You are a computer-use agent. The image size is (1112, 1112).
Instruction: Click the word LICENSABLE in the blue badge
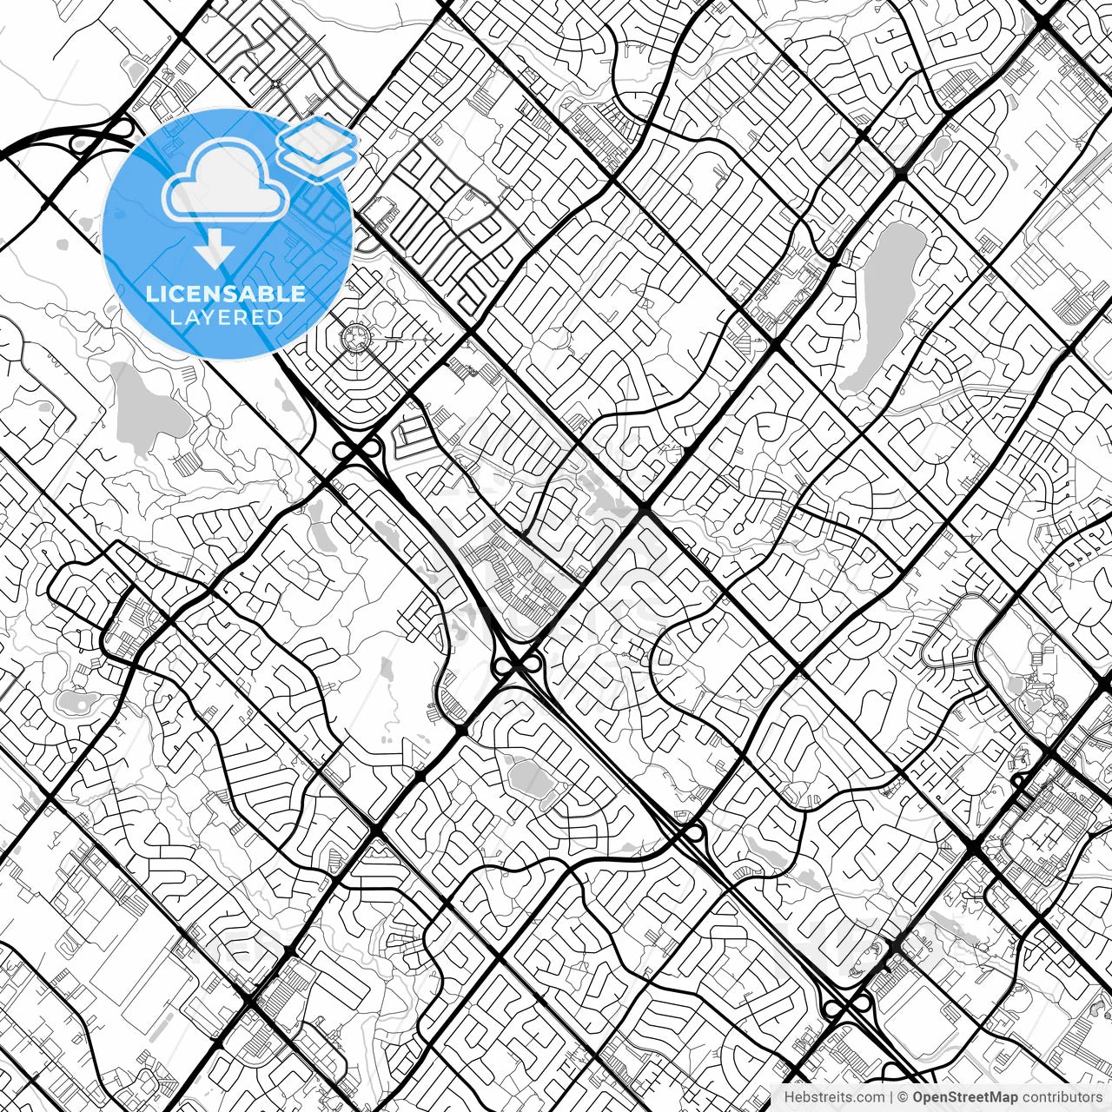(x=226, y=294)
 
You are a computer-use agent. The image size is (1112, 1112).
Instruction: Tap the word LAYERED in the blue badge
(x=226, y=318)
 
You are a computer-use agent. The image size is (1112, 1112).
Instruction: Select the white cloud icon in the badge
(x=226, y=181)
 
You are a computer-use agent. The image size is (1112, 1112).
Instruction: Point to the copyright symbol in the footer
(x=903, y=1097)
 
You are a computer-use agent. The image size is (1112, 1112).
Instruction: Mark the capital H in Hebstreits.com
(x=789, y=1097)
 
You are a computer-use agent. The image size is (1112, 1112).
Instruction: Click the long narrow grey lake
(x=882, y=304)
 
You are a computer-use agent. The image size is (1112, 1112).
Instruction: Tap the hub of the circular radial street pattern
(x=355, y=334)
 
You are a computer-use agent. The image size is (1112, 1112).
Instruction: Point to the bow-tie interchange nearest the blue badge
(x=357, y=448)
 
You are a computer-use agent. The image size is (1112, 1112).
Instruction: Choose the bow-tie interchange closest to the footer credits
(x=847, y=1006)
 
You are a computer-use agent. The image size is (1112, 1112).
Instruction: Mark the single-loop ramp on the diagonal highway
(x=693, y=833)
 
